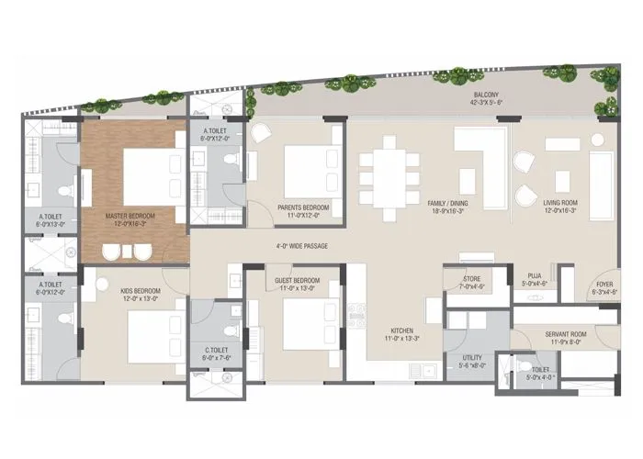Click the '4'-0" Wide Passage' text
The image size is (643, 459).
click(301, 246)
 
